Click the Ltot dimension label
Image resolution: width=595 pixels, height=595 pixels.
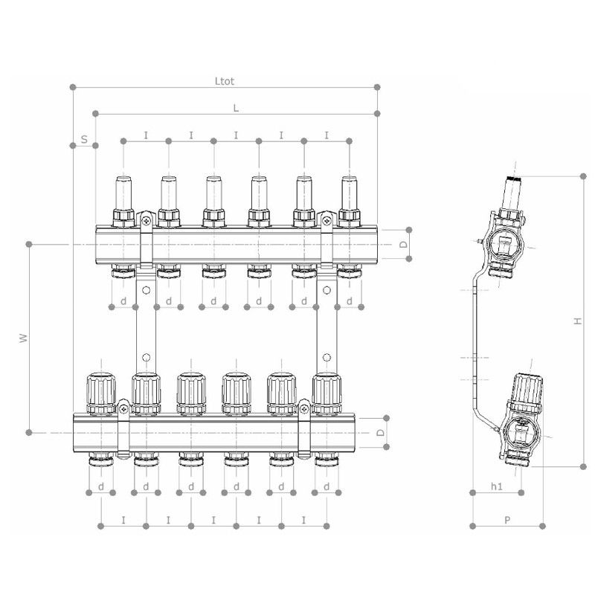225,81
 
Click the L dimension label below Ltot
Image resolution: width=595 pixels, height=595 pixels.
236,108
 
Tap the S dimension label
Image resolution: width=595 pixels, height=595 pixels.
84,139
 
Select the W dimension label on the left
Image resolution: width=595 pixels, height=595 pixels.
24,338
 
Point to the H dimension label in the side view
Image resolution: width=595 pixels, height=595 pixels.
578,321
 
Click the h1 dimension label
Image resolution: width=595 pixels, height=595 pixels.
496,486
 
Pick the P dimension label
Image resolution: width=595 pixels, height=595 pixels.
507,520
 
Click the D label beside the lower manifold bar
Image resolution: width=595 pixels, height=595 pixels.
381,433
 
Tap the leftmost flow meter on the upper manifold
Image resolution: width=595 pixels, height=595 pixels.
123,202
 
